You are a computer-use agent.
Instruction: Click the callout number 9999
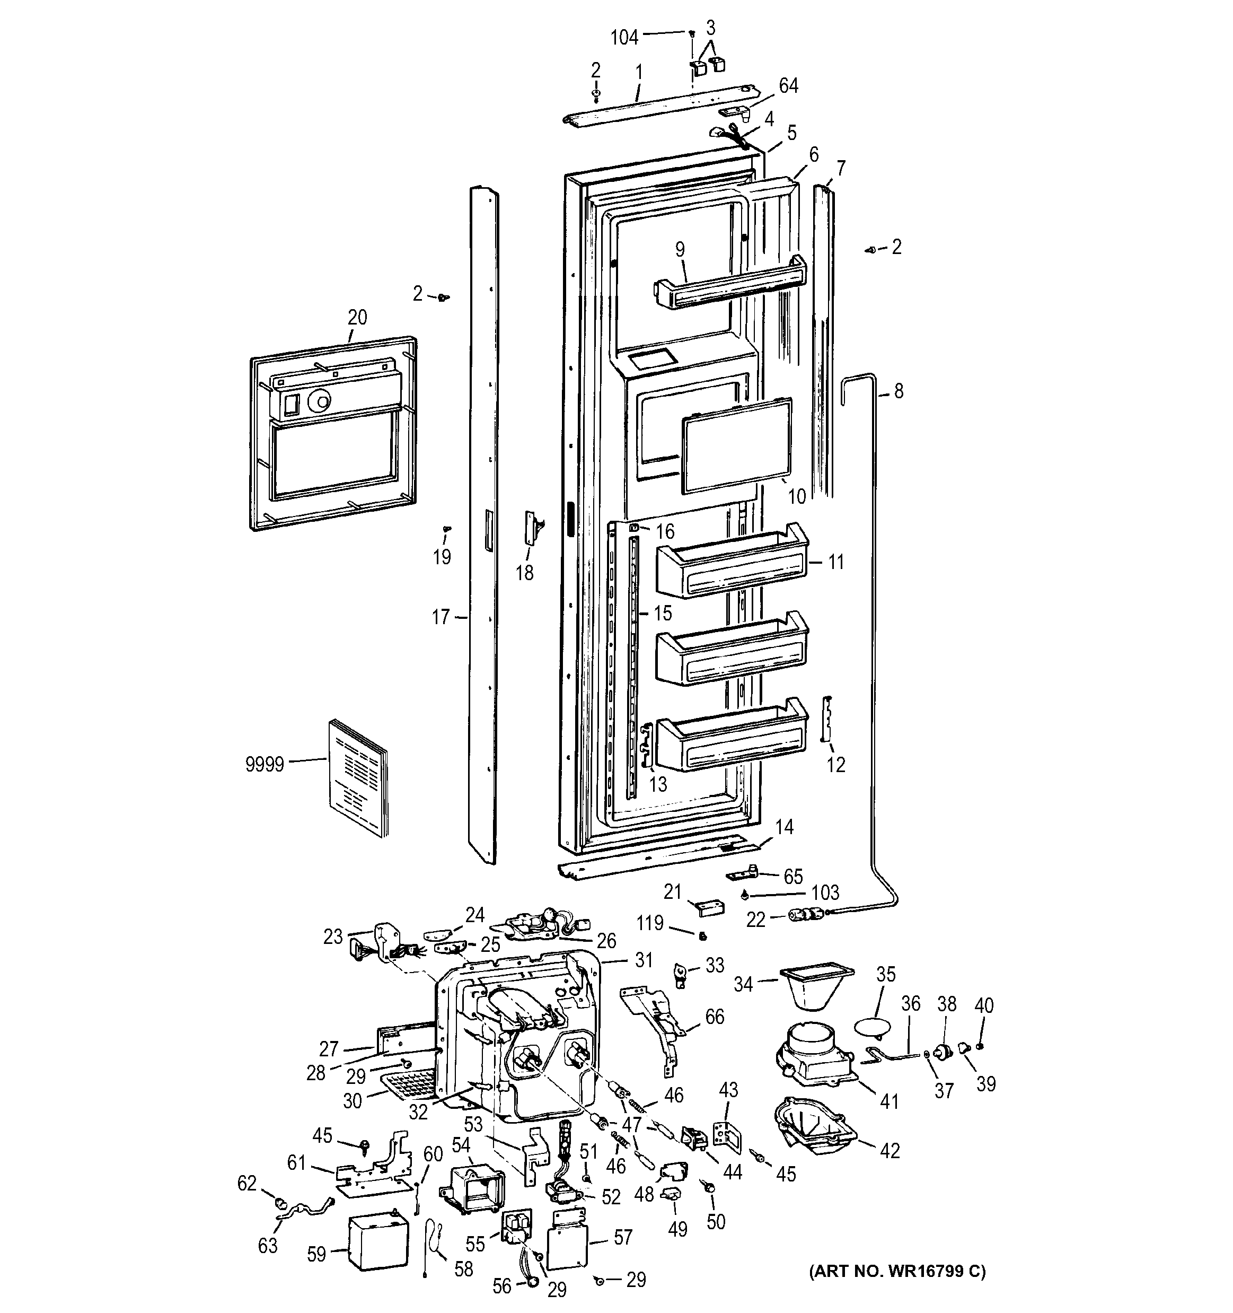(264, 765)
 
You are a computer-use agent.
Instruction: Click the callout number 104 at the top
(624, 38)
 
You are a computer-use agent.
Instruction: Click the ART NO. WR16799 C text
(897, 1272)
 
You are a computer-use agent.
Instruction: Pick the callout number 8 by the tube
(899, 392)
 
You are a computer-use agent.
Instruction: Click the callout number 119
(649, 923)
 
